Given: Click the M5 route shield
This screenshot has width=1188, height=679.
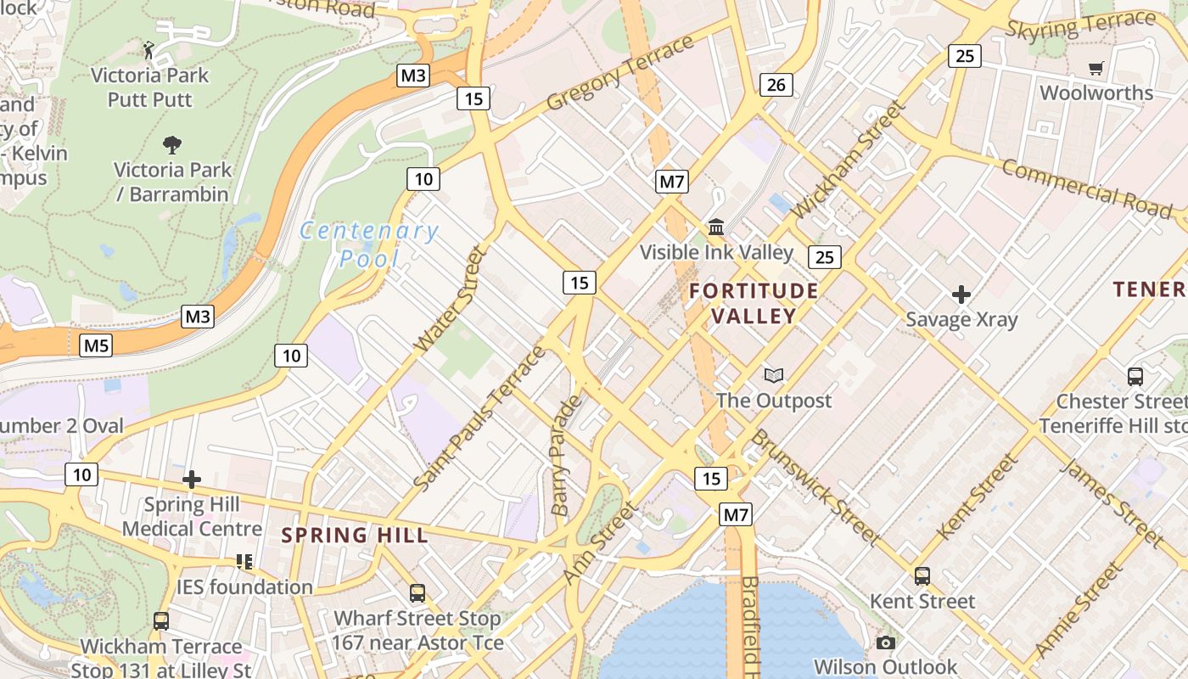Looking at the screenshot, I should tap(96, 345).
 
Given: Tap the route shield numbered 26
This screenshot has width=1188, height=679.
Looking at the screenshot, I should tap(776, 84).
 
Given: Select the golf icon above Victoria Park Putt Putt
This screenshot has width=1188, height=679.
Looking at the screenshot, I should tap(149, 50).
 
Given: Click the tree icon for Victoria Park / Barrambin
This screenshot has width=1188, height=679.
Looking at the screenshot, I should tap(172, 144).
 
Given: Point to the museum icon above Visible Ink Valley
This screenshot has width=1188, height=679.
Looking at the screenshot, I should tap(716, 227).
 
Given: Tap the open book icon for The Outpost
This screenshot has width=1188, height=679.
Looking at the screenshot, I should tap(773, 375).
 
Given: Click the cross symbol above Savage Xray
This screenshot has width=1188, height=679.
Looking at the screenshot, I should tap(961, 295).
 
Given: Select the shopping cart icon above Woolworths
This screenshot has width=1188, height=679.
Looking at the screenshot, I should tap(1096, 68).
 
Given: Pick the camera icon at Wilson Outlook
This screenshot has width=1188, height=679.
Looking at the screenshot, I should tap(886, 643).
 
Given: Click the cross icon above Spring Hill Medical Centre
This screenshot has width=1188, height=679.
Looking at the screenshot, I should tap(192, 480).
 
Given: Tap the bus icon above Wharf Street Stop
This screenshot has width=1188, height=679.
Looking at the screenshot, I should tap(417, 593).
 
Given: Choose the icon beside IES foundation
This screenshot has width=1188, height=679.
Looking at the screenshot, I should tap(244, 562).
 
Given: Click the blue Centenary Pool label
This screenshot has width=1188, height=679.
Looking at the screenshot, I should tap(369, 244).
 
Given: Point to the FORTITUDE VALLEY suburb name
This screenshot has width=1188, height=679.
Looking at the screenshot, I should tap(754, 303).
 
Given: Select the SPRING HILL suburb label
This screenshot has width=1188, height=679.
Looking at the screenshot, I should tap(355, 536).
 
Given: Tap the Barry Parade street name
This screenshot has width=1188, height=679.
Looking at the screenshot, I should tap(566, 455).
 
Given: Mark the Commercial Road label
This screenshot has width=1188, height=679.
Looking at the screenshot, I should tap(1087, 188).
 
